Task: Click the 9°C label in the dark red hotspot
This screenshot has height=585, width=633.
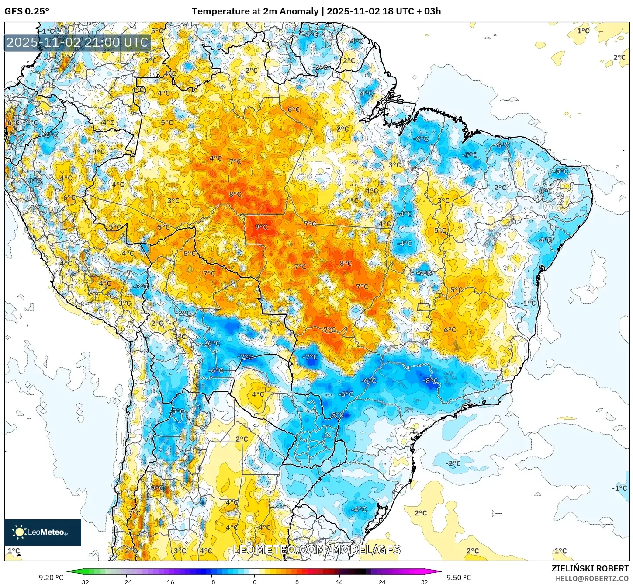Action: [261, 227]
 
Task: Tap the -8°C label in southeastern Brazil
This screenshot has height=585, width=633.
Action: [430, 381]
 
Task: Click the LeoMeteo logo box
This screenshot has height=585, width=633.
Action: [43, 532]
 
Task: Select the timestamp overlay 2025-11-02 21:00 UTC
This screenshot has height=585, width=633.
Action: [78, 42]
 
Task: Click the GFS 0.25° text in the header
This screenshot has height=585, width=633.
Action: [27, 11]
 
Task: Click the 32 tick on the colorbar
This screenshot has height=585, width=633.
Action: [425, 582]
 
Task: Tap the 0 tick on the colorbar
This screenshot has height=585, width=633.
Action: [255, 582]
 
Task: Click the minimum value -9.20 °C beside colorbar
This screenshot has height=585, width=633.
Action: [49, 578]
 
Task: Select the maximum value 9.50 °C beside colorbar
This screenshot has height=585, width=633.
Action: [459, 578]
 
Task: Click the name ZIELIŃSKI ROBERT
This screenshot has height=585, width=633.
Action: [590, 568]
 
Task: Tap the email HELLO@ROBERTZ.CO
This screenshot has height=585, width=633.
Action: [592, 578]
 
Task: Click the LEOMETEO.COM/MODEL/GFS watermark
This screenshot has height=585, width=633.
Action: [316, 550]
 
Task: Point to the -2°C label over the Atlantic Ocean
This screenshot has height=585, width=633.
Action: [453, 463]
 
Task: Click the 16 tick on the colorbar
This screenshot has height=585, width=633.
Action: [339, 582]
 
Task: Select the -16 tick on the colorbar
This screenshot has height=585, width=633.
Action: [169, 582]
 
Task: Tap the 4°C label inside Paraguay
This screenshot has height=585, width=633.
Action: [258, 394]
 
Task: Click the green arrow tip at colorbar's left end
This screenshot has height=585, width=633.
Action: [69, 571]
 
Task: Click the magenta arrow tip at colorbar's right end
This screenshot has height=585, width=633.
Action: [439, 571]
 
